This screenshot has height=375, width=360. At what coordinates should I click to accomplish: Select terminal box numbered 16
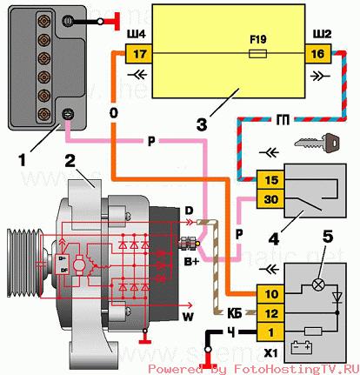point(317,53)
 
